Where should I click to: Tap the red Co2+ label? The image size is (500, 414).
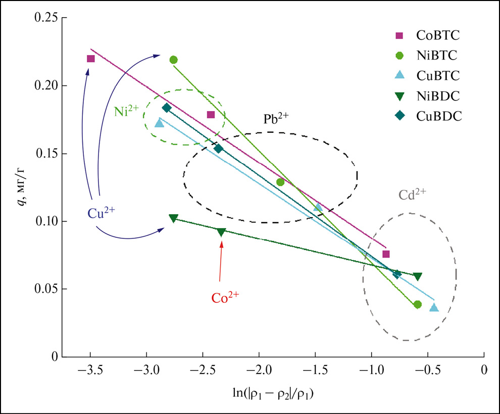pos(225,297)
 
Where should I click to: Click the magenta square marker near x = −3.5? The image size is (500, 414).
pos(91,59)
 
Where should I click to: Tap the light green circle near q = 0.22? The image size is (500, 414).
pos(173,60)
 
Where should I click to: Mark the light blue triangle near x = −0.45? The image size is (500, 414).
pos(434,307)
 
